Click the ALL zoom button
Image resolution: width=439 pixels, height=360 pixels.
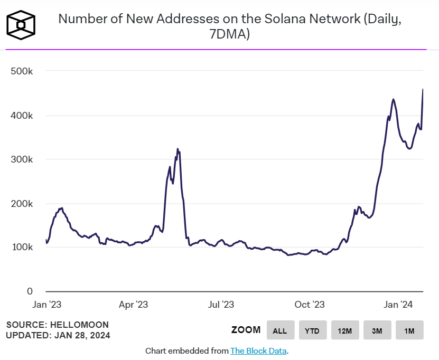tap(279, 330)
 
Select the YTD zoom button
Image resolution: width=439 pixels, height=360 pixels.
tap(312, 330)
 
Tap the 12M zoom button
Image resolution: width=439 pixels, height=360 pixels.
tap(344, 330)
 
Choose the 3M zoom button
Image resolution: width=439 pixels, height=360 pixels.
tap(377, 330)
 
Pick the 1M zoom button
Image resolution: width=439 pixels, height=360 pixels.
tap(409, 330)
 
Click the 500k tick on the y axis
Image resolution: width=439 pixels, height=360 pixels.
tap(22, 71)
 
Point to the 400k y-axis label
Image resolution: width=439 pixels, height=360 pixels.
tap(22, 116)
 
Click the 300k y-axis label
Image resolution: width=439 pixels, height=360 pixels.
tap(22, 159)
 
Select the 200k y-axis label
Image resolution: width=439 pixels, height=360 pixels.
tap(22, 204)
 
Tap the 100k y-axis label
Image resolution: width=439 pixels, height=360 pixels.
tap(22, 248)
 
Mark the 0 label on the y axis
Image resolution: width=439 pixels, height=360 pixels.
tap(30, 291)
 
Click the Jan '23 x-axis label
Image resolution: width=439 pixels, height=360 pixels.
tap(47, 305)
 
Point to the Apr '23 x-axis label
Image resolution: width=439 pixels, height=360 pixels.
tap(133, 305)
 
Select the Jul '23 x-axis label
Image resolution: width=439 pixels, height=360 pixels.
tap(221, 305)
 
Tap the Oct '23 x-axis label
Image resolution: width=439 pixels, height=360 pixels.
tap(310, 305)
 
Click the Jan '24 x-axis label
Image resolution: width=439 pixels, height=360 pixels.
tap(398, 305)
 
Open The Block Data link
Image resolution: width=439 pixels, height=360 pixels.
tap(259, 350)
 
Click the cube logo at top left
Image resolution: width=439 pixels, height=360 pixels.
tap(21, 24)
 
